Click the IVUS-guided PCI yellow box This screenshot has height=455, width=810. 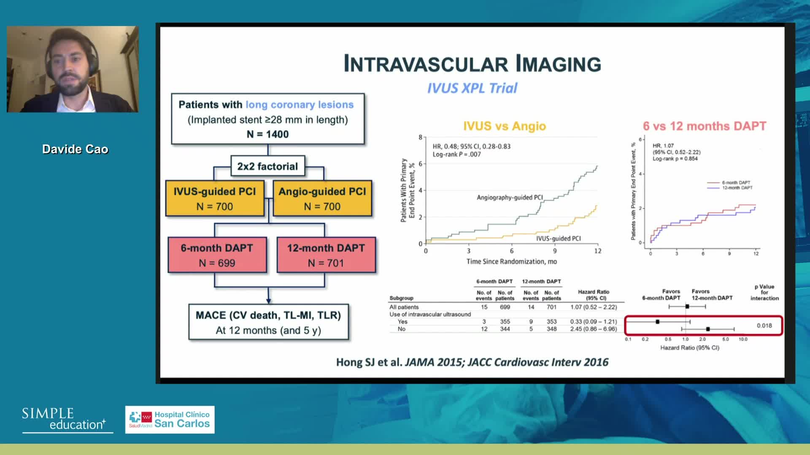click(215, 198)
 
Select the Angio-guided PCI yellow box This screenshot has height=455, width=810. click(322, 198)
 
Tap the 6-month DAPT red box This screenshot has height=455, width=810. click(217, 255)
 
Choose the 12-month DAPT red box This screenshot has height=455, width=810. click(326, 255)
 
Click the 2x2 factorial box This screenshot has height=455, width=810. click(267, 166)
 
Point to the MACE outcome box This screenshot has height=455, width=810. click(268, 322)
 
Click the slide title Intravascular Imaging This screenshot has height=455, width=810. click(472, 64)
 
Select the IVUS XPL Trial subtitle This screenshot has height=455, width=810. click(472, 88)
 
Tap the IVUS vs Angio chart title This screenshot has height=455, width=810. click(504, 126)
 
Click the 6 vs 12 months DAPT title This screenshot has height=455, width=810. click(704, 126)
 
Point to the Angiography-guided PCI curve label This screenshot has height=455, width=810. click(510, 198)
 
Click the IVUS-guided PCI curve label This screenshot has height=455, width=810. click(558, 238)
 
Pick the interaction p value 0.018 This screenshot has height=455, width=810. click(764, 326)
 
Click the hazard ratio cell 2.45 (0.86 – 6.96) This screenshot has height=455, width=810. click(593, 329)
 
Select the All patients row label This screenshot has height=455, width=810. click(404, 307)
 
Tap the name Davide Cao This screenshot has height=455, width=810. click(75, 149)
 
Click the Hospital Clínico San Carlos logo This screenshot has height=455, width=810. click(170, 420)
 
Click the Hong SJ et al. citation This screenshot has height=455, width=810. click(472, 362)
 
